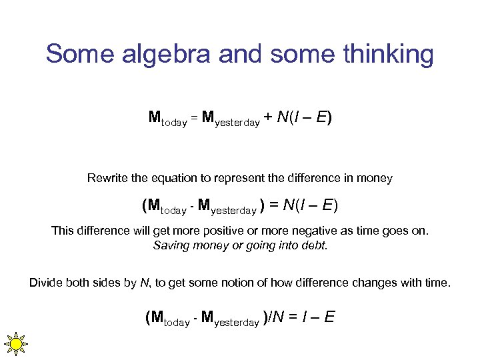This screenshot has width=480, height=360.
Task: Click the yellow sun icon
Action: click(15, 343)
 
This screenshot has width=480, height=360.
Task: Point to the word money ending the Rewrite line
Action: click(375, 179)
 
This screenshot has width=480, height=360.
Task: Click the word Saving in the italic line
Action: click(171, 245)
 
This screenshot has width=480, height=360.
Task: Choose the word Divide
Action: click(47, 283)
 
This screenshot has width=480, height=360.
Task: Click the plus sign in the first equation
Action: click(267, 119)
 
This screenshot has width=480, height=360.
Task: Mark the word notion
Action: click(247, 283)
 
